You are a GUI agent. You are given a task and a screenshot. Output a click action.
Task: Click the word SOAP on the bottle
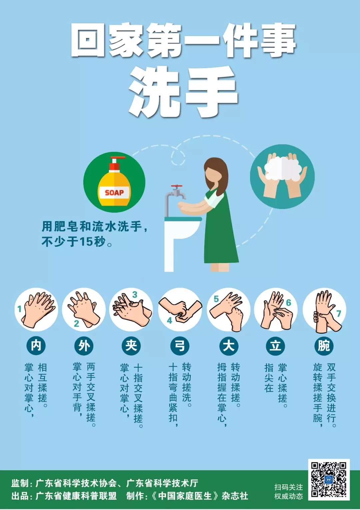(114, 193)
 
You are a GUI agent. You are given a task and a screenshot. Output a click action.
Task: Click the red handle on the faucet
(177, 187)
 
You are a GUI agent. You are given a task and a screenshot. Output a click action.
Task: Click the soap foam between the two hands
(282, 169)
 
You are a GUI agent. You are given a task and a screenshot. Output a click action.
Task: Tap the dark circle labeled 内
(36, 346)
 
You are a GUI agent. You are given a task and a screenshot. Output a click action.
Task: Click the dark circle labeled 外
(84, 346)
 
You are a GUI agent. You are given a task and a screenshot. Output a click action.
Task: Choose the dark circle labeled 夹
(131, 346)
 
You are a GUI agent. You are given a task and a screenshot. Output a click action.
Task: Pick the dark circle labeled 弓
(180, 346)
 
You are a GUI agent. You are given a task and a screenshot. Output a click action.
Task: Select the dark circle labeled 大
(229, 346)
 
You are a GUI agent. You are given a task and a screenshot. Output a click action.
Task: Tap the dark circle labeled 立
(276, 346)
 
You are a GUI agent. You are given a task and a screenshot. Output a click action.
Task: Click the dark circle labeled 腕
(324, 346)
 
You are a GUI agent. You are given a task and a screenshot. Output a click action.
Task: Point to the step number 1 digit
(19, 309)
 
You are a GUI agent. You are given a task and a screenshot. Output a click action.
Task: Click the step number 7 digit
(339, 314)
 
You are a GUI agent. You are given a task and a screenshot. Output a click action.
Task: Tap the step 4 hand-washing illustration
(180, 310)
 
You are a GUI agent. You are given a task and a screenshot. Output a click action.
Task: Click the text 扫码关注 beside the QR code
(289, 487)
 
